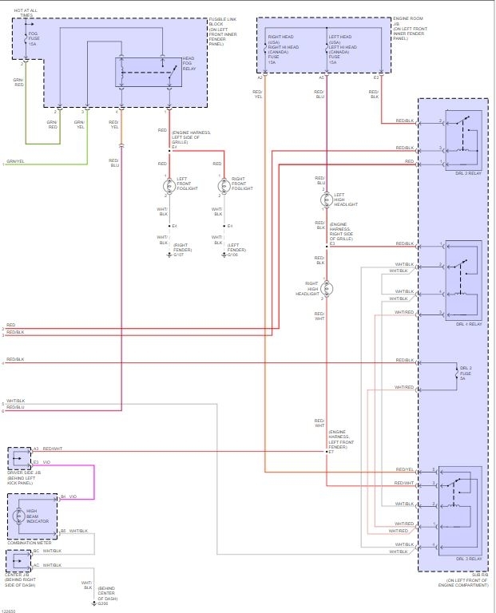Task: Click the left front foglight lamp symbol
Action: (x=168, y=185)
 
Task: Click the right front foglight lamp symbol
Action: (x=224, y=185)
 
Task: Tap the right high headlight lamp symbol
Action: (x=327, y=288)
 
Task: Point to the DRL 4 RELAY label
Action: (x=469, y=324)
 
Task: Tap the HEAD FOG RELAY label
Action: (x=188, y=65)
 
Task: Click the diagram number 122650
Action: (x=10, y=609)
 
